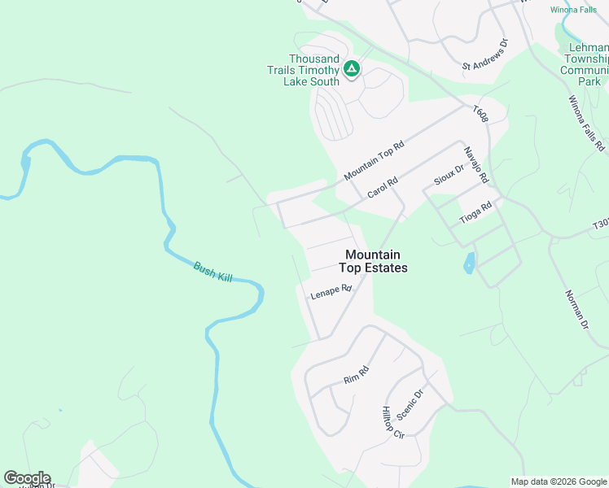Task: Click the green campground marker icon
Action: pyautogui.click(x=352, y=69)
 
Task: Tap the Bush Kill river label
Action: pyautogui.click(x=213, y=272)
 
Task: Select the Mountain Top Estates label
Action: pyautogui.click(x=375, y=260)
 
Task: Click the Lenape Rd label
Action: pyautogui.click(x=331, y=292)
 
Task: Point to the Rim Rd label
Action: pyautogui.click(x=357, y=374)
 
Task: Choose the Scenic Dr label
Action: pyautogui.click(x=411, y=403)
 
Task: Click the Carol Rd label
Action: pyautogui.click(x=382, y=188)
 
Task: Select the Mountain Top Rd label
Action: pyautogui.click(x=374, y=159)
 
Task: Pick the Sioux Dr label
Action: pyautogui.click(x=449, y=174)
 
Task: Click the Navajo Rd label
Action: pyautogui.click(x=475, y=164)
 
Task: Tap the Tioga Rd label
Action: pyautogui.click(x=476, y=213)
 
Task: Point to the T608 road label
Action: pyautogui.click(x=481, y=113)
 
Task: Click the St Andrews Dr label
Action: pyautogui.click(x=485, y=54)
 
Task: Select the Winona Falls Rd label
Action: pyautogui.click(x=586, y=124)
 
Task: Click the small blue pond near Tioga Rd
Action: pyautogui.click(x=469, y=264)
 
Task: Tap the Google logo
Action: pyautogui.click(x=27, y=478)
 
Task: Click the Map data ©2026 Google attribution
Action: pyautogui.click(x=559, y=481)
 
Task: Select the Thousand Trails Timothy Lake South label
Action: pyautogui.click(x=303, y=70)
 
